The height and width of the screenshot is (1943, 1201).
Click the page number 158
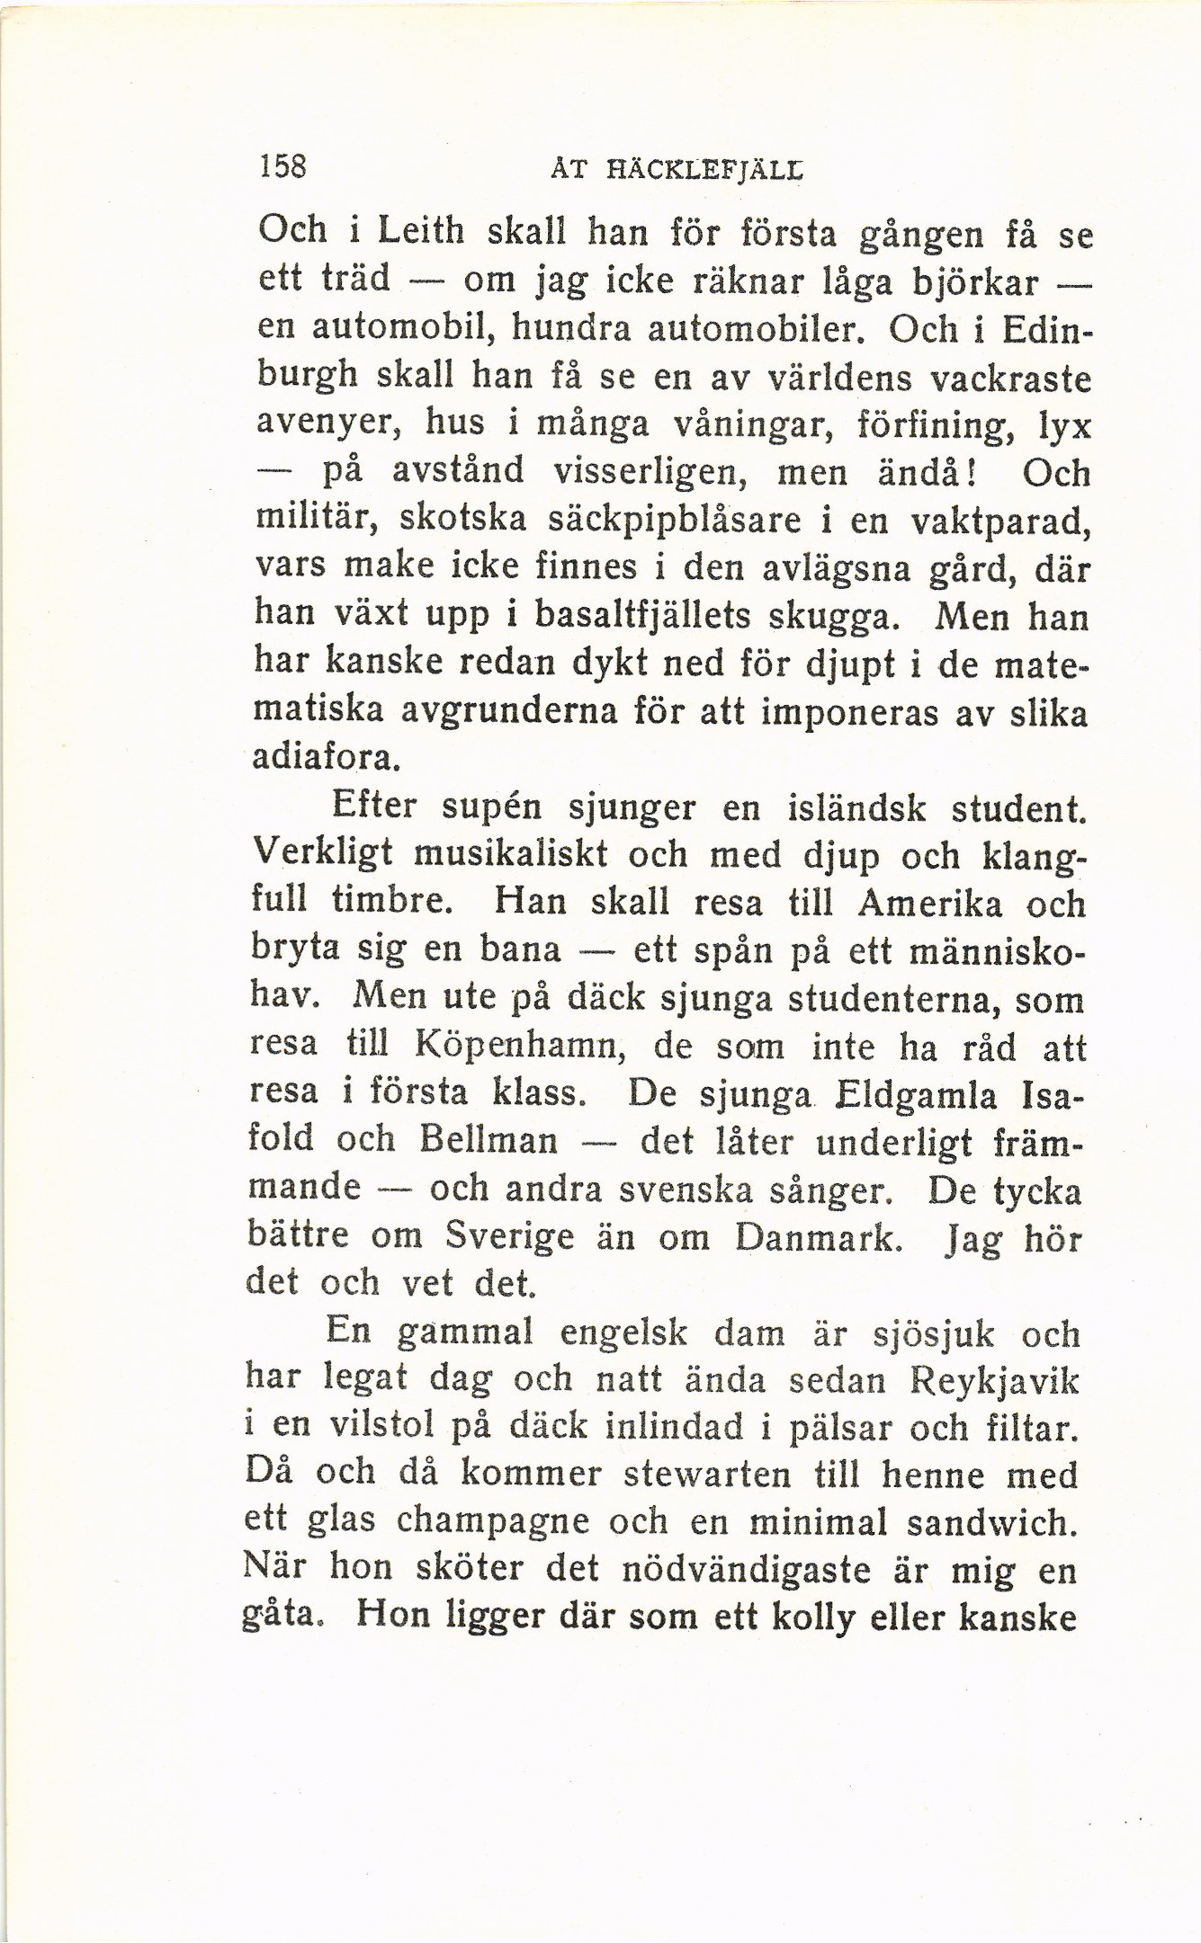(x=282, y=168)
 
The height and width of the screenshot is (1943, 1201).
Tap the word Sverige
(x=509, y=1237)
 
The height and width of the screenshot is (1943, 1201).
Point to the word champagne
(x=491, y=1521)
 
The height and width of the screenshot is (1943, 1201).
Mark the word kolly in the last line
(x=864, y=1617)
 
